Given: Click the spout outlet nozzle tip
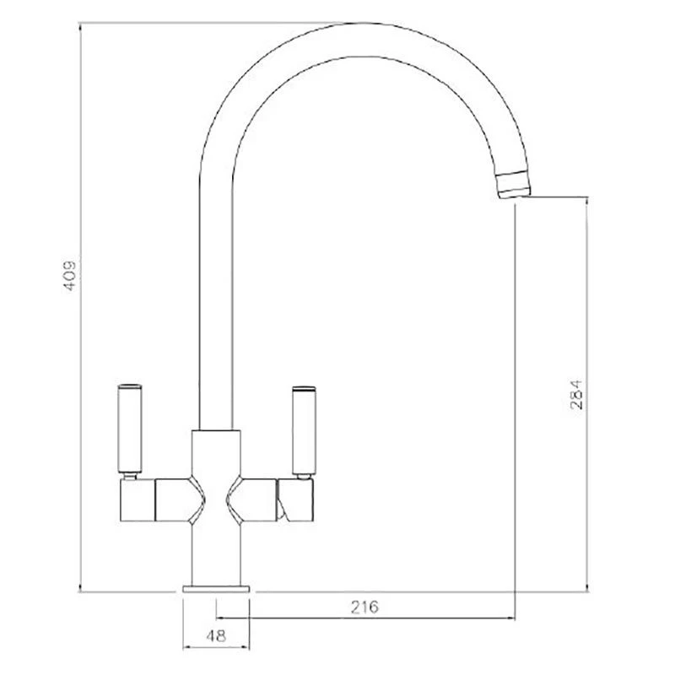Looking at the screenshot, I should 514,185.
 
